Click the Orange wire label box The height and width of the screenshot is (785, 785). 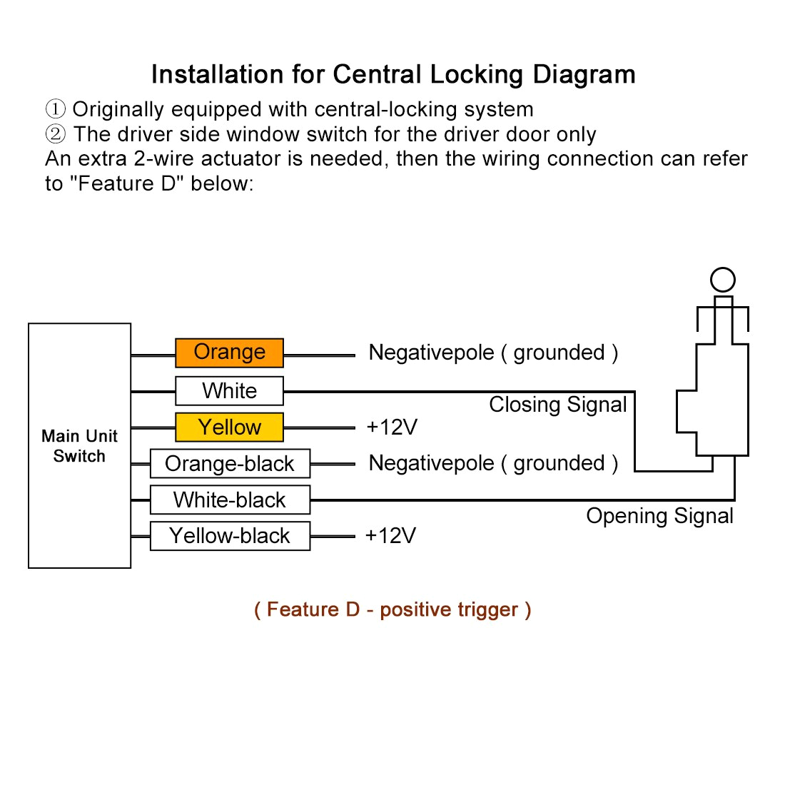229,353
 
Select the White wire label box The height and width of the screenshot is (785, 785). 229,391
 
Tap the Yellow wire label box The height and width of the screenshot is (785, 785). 229,427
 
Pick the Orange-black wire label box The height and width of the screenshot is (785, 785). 230,464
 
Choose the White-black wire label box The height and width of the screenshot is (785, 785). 230,500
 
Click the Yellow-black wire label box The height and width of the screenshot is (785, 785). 230,536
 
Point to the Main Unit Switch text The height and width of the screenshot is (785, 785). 79,446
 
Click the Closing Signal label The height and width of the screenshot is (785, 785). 557,405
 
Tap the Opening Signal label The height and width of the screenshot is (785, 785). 659,516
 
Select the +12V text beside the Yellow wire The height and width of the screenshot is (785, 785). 392,427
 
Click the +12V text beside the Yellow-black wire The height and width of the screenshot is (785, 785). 390,536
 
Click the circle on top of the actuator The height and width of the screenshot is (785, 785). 723,280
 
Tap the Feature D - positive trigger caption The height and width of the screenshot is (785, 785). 392,609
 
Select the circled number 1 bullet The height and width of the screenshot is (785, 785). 56,110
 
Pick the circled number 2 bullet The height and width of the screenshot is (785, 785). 56,134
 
